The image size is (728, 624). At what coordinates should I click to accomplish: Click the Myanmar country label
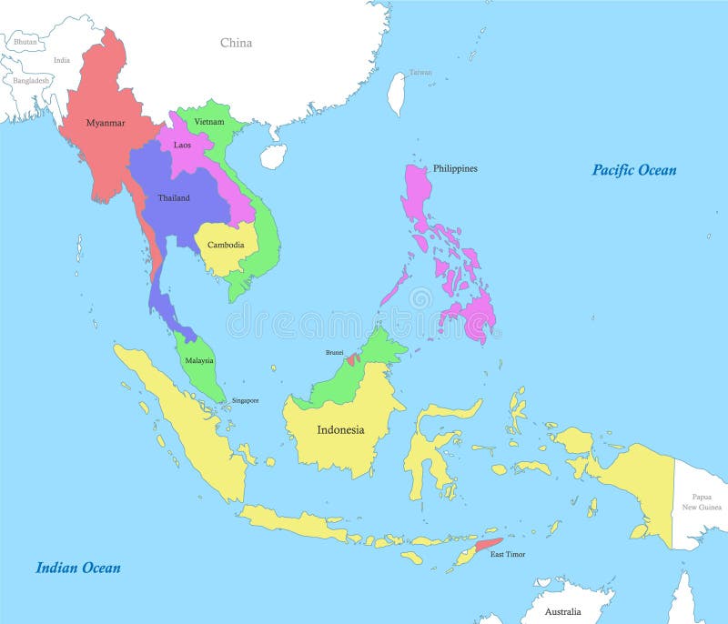coord(106,123)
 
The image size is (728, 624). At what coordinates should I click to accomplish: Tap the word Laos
coord(182,145)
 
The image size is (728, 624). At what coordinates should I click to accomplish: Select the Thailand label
coord(174,197)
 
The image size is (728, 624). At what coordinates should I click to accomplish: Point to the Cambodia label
coord(225,245)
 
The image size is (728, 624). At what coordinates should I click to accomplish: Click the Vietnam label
coord(208,121)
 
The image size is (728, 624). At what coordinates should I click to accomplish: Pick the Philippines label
coord(455,168)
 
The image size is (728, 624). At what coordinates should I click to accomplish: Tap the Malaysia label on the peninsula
coord(198,360)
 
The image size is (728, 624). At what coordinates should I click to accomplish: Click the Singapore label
coord(245,400)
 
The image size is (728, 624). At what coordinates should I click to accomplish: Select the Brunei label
coord(335,352)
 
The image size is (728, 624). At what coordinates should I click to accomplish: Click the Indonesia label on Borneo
coord(340,429)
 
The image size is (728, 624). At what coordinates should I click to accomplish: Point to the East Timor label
coord(507,554)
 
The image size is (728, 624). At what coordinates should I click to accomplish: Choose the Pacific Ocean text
coord(634,170)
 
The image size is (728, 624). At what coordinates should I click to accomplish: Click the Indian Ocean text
coord(78,568)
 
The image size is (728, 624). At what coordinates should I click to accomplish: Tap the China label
coord(236,43)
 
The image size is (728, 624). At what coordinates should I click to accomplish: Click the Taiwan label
coord(420,72)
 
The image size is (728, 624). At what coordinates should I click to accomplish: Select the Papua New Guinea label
coord(701,501)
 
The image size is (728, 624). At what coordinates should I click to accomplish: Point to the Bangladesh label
coord(32,80)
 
